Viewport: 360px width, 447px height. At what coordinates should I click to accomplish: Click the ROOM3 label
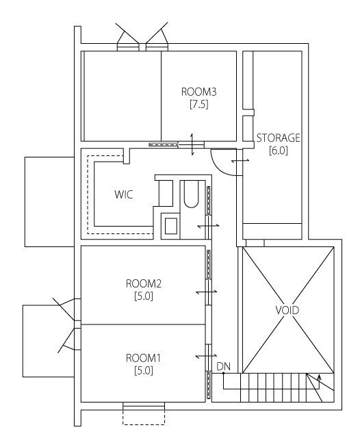(198, 92)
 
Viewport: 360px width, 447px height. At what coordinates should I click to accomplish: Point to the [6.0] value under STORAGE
(278, 151)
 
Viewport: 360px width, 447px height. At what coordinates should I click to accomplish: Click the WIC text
(123, 194)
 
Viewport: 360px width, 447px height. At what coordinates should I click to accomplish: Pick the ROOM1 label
(143, 358)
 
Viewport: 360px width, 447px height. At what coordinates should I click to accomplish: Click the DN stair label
(222, 368)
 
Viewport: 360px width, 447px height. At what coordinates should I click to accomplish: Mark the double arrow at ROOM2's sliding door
(207, 292)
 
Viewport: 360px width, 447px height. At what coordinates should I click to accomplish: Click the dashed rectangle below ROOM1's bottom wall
(144, 414)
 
